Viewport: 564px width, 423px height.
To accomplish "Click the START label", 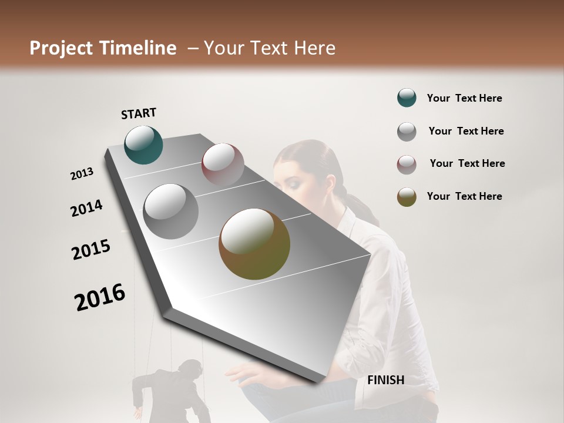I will click(x=139, y=113).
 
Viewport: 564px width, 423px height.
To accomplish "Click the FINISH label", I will click(x=386, y=380).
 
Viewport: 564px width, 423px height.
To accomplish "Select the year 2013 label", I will click(x=82, y=174).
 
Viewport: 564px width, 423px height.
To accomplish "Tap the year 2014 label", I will click(x=87, y=208).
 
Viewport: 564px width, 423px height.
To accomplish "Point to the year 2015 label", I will click(x=91, y=250).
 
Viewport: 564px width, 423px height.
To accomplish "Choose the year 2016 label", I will click(x=100, y=297).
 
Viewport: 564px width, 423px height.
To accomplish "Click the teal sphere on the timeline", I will click(x=144, y=145).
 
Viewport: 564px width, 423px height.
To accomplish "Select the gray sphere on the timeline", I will click(x=171, y=211).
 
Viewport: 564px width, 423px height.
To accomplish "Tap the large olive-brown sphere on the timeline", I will click(x=254, y=244).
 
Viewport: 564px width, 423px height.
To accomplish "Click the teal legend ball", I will click(x=407, y=98).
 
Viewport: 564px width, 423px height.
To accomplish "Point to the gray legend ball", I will click(x=407, y=132).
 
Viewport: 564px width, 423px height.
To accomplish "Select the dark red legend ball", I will click(x=407, y=164).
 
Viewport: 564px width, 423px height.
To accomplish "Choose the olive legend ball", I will click(x=407, y=197).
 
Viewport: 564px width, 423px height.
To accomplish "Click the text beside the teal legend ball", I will click(x=464, y=98).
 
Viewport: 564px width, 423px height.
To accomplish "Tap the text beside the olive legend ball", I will click(x=464, y=196).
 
